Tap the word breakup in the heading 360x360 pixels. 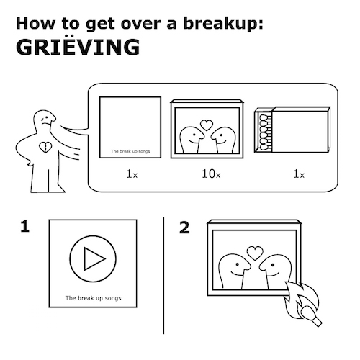[x=221, y=24]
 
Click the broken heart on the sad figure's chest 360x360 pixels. [x=45, y=147]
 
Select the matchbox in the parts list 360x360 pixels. [x=292, y=130]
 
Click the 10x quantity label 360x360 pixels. [x=211, y=174]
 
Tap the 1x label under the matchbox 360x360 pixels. [x=299, y=174]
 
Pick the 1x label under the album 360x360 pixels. [x=132, y=174]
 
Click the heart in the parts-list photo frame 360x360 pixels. [x=207, y=125]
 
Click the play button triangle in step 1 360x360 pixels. [x=93, y=259]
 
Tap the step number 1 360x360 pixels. [x=24, y=226]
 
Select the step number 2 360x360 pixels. [x=184, y=228]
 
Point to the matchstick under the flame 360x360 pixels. [x=311, y=315]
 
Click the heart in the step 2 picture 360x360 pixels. [x=255, y=253]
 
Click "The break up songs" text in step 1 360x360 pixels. [x=94, y=298]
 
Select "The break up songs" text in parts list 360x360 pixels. [x=130, y=151]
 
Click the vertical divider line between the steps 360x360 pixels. [x=164, y=276]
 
